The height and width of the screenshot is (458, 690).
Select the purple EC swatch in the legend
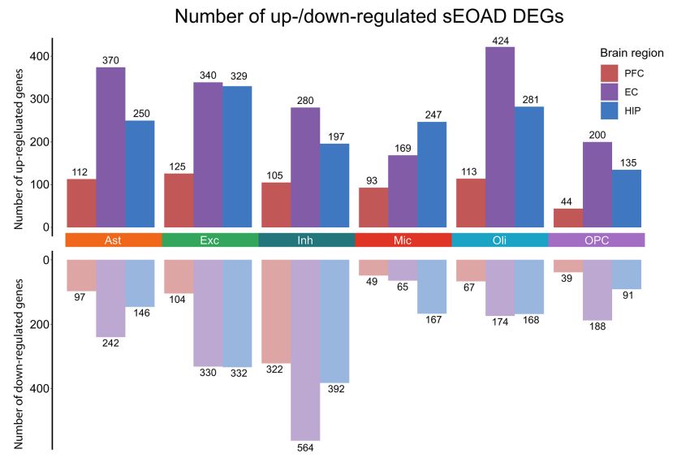coord(610,92)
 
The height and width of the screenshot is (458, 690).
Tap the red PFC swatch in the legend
coord(610,73)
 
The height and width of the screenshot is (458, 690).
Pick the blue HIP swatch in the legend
coord(610,110)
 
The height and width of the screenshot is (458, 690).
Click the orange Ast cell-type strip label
coord(114,240)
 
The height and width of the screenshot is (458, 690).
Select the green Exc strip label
coord(210,240)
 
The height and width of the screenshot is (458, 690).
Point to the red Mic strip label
coord(403,240)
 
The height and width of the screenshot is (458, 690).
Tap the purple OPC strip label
coord(597,240)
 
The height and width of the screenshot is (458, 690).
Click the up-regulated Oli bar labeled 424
coord(500,138)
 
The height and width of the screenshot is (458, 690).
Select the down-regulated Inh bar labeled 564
coord(305,349)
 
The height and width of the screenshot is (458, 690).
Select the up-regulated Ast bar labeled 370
coord(110,147)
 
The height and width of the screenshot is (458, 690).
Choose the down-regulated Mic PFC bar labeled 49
coord(373,268)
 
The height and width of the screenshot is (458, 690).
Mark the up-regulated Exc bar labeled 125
coord(179,201)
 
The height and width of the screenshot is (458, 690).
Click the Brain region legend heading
coord(632,53)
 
